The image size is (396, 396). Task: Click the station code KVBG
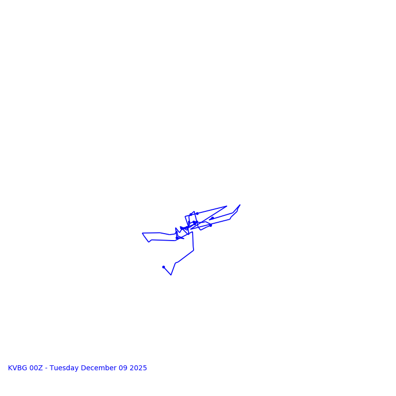coord(18,368)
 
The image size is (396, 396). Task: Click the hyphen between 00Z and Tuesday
coord(47,368)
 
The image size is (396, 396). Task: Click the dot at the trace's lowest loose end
coord(163,267)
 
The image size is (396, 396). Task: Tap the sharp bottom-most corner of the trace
coord(171,275)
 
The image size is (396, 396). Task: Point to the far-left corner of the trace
coord(143,233)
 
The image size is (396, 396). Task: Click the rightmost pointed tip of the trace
coord(240,205)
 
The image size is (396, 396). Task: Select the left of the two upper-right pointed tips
coord(227,206)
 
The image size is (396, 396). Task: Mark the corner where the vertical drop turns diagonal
coord(194,250)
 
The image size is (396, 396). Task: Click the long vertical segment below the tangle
coord(193,241)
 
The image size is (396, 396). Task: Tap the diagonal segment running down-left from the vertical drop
coord(185,256)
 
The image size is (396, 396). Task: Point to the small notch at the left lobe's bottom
coord(148,242)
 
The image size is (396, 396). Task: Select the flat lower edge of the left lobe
coord(163,241)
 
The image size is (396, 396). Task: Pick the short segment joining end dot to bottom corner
coord(167,271)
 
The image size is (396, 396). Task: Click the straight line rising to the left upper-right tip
coord(212,210)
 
